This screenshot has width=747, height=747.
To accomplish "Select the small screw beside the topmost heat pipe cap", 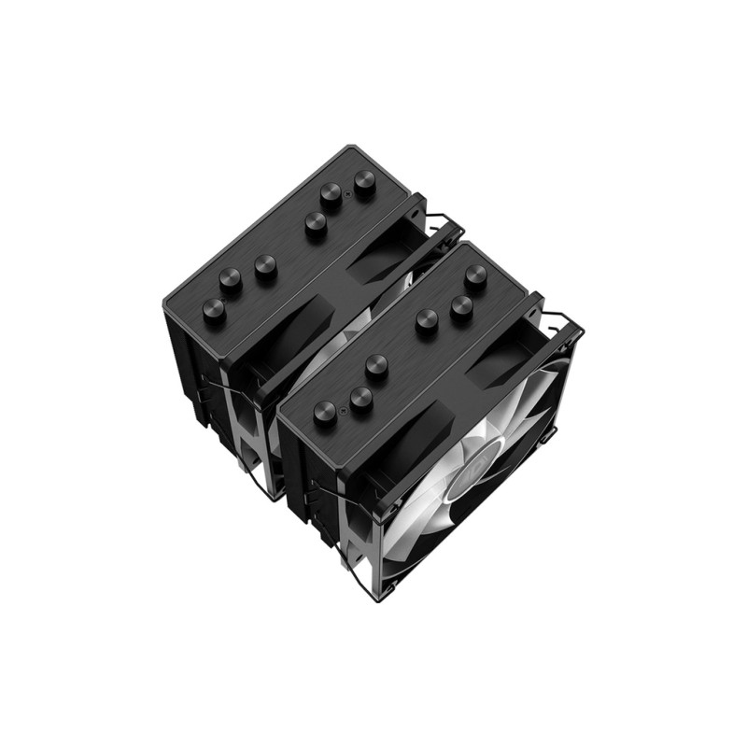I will [x=347, y=194].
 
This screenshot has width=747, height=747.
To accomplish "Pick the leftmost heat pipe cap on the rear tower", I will [x=214, y=311].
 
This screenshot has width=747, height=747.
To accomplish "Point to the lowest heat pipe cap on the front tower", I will [x=325, y=412].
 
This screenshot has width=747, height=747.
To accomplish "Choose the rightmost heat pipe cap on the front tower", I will [x=475, y=275].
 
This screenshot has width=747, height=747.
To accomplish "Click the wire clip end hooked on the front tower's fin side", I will [x=317, y=485].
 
